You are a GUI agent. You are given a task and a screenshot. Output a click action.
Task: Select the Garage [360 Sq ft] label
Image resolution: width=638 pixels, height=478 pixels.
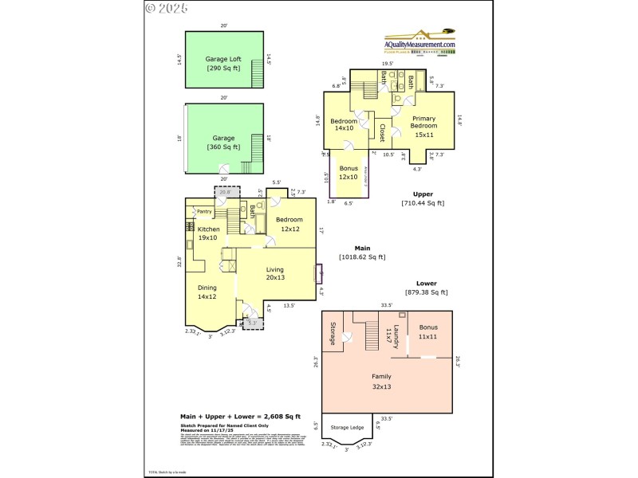223,143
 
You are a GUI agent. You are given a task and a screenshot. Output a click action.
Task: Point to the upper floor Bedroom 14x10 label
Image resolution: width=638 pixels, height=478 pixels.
344,125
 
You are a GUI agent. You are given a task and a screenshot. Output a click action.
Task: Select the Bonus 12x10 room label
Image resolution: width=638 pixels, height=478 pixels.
349,173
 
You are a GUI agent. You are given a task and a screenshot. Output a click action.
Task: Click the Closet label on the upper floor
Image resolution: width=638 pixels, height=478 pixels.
382,132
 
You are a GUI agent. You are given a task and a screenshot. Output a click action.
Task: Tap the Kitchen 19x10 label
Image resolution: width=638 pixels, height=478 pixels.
208,234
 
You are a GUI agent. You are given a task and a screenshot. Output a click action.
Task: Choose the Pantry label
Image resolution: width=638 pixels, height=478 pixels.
203,212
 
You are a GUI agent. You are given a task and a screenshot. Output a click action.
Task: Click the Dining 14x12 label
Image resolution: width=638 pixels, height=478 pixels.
207,292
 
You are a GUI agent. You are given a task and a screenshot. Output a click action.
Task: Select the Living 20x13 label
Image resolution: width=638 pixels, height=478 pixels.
275,274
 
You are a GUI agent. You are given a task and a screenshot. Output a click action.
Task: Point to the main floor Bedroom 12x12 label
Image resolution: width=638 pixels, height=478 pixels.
289,224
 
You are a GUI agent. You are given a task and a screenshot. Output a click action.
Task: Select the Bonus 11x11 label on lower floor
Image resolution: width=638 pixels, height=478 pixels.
428,331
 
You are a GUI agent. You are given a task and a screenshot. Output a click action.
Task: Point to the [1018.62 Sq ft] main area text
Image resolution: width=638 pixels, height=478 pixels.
362,257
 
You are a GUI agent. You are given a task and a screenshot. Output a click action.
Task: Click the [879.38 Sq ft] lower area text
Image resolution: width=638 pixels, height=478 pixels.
426,292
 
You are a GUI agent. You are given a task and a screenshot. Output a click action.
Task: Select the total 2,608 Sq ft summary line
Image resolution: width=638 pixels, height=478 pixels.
240,417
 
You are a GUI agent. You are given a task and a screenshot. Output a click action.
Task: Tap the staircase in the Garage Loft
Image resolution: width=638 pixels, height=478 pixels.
257,76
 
